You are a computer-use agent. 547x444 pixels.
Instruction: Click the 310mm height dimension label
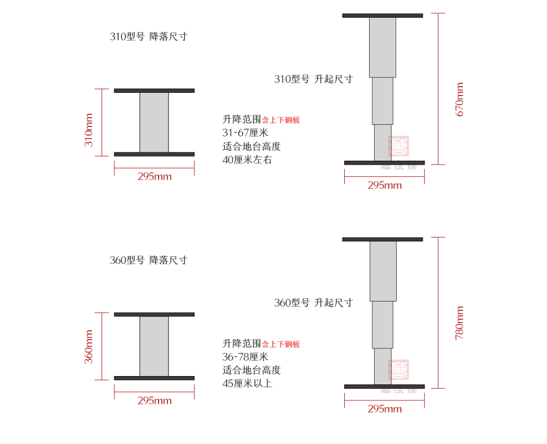pos(88,130)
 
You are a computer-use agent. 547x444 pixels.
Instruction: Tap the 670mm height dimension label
pos(460,99)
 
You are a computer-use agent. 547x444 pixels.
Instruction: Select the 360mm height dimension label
pos(88,347)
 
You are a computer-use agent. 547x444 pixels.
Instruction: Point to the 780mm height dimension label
pos(460,323)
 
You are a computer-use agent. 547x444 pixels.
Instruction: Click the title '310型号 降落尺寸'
pos(149,37)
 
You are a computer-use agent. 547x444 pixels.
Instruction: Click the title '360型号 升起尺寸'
pos(313,303)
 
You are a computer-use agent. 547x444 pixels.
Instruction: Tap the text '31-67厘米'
pos(245,133)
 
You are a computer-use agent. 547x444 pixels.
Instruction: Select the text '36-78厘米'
pos(245,357)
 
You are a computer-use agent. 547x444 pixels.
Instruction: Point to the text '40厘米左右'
pos(247,160)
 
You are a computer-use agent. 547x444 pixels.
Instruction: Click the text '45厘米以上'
pos(247,384)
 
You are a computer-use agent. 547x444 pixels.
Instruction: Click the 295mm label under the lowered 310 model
pos(155,177)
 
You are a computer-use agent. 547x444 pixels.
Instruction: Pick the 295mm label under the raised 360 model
pos(385,409)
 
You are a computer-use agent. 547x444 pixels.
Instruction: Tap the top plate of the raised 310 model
pos(382,15)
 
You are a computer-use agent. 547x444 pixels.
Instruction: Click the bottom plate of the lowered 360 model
pos(154,378)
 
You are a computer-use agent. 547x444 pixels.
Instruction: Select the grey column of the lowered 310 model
pos(154,122)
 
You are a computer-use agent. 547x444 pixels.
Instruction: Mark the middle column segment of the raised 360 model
pos(382,325)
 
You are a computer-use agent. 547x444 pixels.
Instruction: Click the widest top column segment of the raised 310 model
pos(382,47)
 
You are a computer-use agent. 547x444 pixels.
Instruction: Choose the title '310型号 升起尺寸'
pos(313,79)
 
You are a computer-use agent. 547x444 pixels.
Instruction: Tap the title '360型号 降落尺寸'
pos(149,260)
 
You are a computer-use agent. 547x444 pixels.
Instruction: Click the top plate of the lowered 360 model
pos(154,314)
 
